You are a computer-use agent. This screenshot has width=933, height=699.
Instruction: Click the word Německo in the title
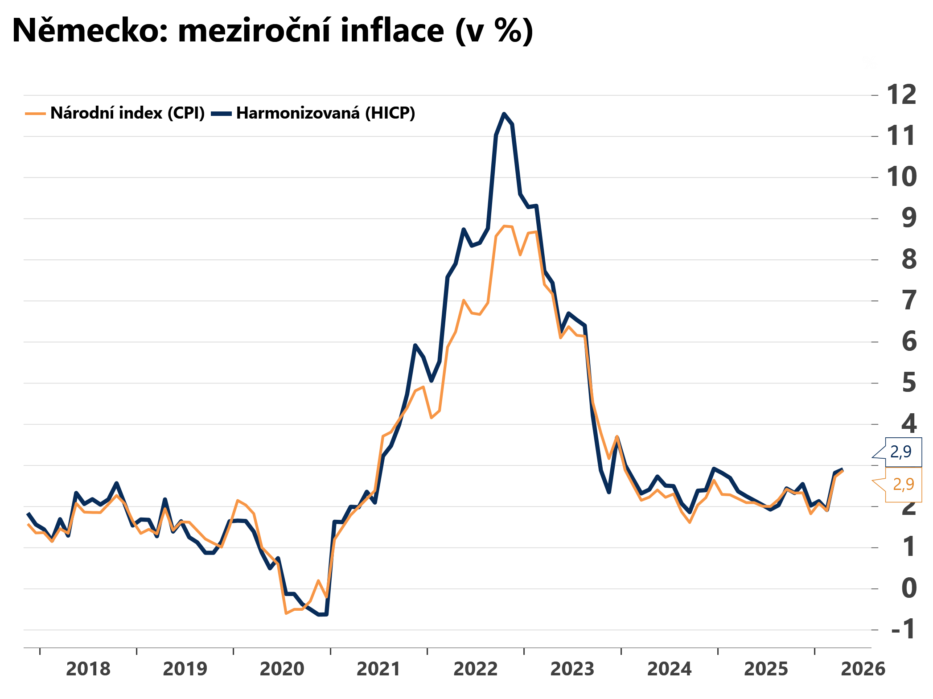point(90,31)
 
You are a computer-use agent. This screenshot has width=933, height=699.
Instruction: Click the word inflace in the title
point(392,31)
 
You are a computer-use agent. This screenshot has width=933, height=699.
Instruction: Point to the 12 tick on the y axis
point(901,95)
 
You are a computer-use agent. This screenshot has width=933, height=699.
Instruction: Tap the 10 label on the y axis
point(901,177)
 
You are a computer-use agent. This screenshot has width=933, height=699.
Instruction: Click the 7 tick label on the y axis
point(909,300)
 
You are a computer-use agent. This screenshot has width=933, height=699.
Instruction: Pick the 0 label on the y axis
point(909,588)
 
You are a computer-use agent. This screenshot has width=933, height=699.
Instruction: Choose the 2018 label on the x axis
point(88,669)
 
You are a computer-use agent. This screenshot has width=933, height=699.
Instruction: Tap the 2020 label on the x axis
point(282,669)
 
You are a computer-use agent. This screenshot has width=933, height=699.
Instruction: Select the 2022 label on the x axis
point(476,669)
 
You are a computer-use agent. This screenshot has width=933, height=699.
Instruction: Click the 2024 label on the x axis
point(669,669)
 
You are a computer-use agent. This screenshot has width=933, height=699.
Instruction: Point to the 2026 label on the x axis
point(863,669)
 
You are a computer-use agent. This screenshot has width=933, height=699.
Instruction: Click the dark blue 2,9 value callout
point(901,452)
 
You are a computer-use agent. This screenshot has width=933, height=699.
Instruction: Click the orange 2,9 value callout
point(904,484)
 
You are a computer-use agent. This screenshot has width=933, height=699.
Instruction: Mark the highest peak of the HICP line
point(504,114)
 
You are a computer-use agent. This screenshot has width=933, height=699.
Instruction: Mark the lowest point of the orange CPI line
point(286,613)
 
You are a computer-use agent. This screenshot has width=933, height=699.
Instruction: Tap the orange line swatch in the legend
point(36,114)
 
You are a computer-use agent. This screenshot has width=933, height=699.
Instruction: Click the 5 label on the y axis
point(909,383)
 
